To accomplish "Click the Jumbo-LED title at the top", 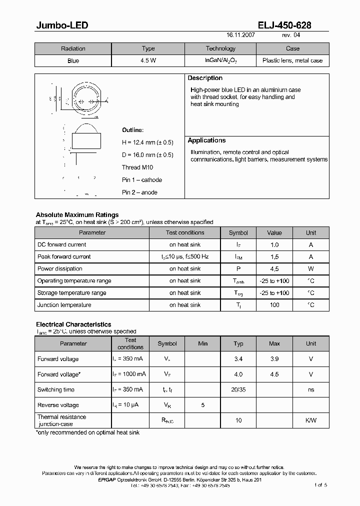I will click(62, 25).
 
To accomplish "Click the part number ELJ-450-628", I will click(284, 25).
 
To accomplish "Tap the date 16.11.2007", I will click(241, 36).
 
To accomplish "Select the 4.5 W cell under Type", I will click(148, 60).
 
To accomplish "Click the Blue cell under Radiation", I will click(73, 60).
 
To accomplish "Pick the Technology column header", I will click(220, 48).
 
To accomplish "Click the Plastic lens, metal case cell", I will click(292, 60).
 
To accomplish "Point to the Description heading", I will click(205, 78).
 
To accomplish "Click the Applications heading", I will click(206, 140).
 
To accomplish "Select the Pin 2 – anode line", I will click(139, 192).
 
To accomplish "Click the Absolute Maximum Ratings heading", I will click(77, 215).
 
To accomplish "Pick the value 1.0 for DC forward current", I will click(274, 245).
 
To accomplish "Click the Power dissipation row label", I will click(59, 269).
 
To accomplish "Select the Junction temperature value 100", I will click(274, 305).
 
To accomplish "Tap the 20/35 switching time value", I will click(238, 390).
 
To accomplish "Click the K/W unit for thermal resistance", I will click(311, 420).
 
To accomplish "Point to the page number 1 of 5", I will click(320, 485).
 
